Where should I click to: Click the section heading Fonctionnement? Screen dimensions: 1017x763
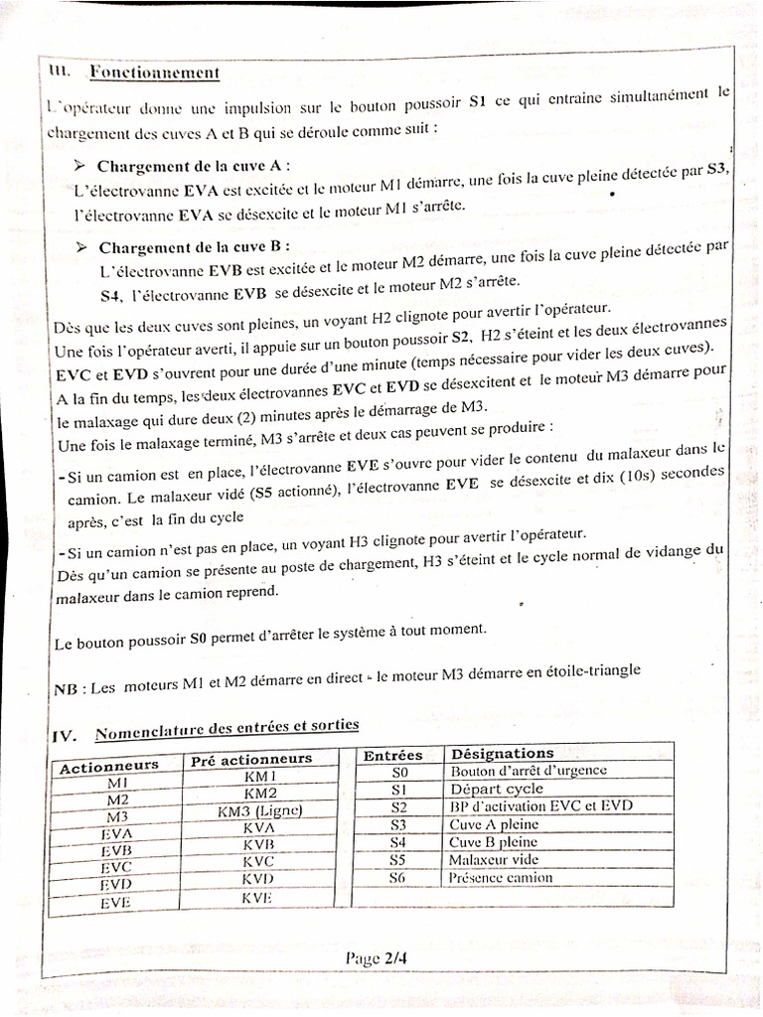tap(154, 73)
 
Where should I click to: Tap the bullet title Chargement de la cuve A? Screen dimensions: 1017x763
tap(195, 165)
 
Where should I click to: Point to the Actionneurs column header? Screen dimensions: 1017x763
tap(109, 766)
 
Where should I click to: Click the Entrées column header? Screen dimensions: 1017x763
tap(392, 755)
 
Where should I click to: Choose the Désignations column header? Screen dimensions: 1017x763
tap(503, 754)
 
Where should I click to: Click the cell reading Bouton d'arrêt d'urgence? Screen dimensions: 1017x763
tap(529, 771)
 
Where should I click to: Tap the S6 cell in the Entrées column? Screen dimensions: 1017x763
tap(397, 878)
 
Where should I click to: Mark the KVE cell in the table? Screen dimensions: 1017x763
tap(256, 898)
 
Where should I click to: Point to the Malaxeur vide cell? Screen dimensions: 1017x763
tap(494, 860)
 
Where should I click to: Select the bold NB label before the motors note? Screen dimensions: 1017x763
tap(65, 689)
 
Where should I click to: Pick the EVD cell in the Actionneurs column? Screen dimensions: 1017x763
tap(117, 884)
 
